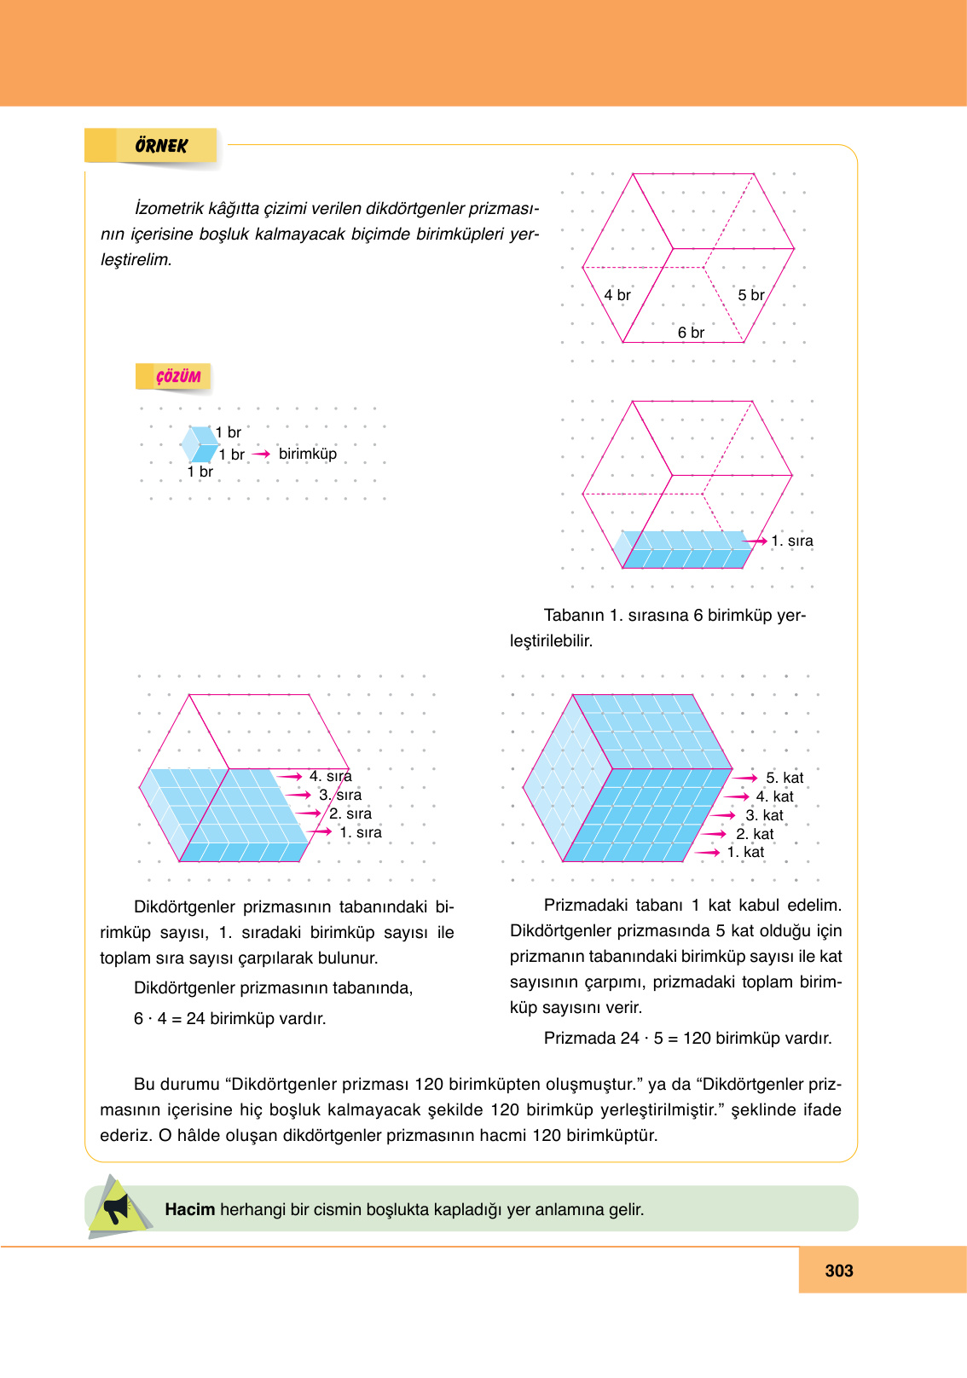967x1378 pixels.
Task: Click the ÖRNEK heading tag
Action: (x=160, y=146)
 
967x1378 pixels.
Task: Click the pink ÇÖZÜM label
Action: (x=177, y=377)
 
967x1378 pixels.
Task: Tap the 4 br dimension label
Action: (x=617, y=295)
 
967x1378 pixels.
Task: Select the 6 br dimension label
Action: (x=691, y=333)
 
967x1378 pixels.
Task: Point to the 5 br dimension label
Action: (x=750, y=295)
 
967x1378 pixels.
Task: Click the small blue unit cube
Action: (x=200, y=444)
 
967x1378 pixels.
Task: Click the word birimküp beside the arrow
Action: (x=307, y=454)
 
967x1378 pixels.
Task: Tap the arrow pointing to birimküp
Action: (x=261, y=454)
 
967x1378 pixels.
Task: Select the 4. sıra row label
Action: (x=330, y=776)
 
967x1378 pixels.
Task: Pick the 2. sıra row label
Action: (x=350, y=813)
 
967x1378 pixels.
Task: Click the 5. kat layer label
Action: (x=784, y=778)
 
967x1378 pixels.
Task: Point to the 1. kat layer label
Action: (x=745, y=852)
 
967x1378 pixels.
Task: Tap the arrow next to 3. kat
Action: (x=722, y=815)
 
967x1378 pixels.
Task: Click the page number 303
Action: (x=838, y=1271)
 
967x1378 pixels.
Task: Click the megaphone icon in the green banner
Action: (x=117, y=1208)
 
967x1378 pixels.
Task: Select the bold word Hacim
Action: (x=189, y=1209)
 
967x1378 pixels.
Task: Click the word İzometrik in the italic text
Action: (x=168, y=208)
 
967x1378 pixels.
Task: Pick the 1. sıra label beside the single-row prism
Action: (x=791, y=541)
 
